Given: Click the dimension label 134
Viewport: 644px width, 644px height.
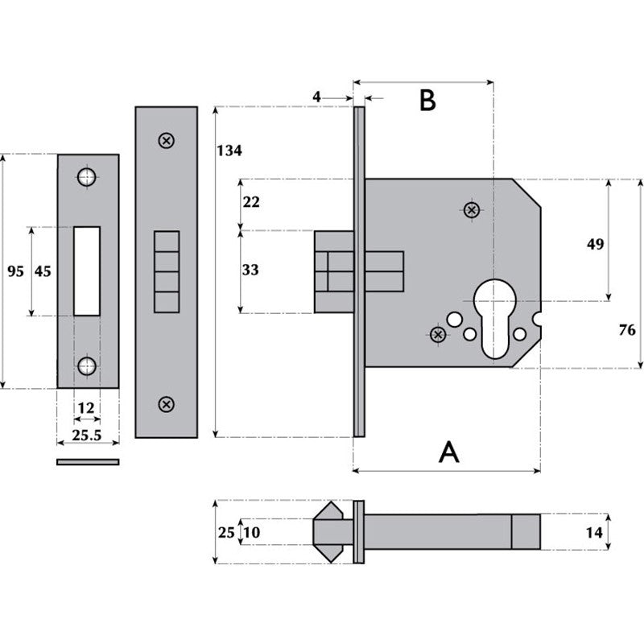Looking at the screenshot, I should click(x=229, y=151).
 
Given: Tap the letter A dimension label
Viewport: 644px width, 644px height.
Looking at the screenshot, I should click(x=448, y=452).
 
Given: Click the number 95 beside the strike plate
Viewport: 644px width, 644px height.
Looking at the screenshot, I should click(x=15, y=271).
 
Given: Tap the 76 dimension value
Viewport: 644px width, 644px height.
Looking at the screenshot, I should click(x=627, y=330).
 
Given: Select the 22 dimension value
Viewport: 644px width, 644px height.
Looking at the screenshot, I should click(x=250, y=202).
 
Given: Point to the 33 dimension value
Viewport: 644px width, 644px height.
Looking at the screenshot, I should click(x=250, y=270).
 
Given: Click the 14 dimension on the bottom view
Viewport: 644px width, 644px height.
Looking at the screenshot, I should click(x=594, y=532).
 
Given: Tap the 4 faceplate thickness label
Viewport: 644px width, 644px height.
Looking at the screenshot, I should click(x=316, y=97).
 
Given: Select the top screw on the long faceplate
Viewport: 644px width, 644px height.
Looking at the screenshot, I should click(x=166, y=140).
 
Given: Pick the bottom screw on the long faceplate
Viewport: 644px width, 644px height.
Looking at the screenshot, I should click(x=166, y=403).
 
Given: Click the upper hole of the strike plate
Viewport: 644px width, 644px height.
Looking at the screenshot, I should click(x=87, y=176).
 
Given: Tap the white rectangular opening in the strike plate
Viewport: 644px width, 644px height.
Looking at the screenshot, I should click(x=87, y=270).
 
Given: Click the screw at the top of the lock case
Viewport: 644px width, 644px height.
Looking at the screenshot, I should click(x=473, y=210).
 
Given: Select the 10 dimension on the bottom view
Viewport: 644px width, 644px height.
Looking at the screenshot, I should click(x=251, y=532).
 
